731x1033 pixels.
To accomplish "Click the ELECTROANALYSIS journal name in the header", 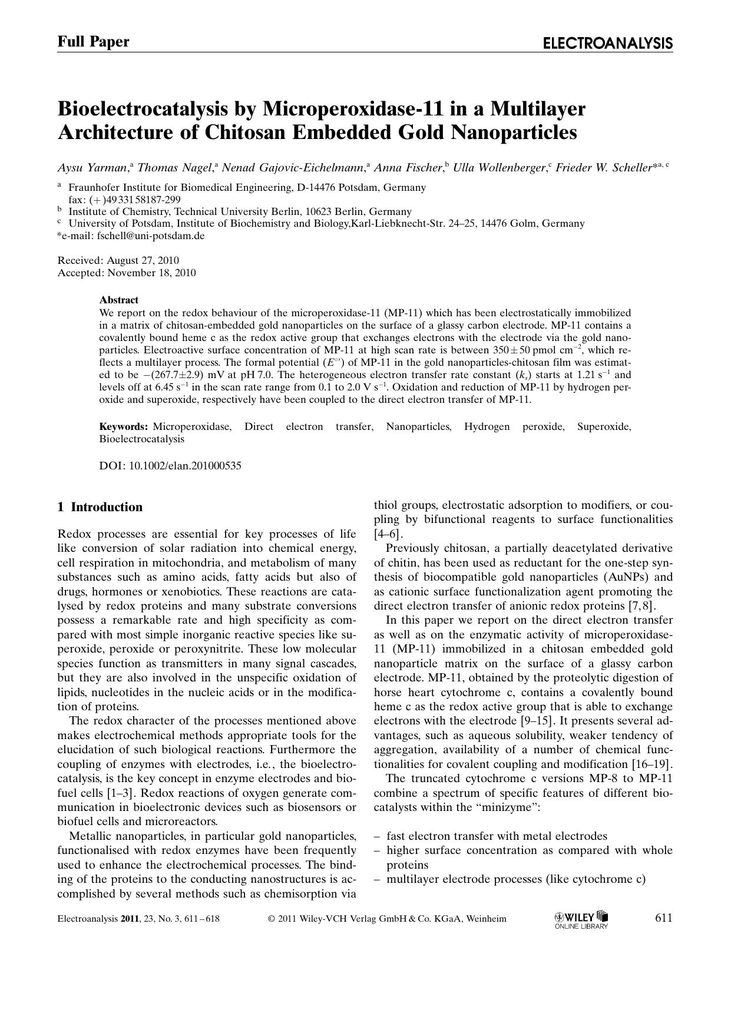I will pyautogui.click(x=607, y=43).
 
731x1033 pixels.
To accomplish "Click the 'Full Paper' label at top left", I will pyautogui.click(x=93, y=41).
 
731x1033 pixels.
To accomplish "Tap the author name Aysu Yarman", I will pyautogui.click(x=92, y=168).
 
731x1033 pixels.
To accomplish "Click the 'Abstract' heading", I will pyautogui.click(x=118, y=300).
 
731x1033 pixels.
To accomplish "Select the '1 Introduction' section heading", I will pyautogui.click(x=100, y=507).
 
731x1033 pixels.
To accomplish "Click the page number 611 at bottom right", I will pyautogui.click(x=663, y=918).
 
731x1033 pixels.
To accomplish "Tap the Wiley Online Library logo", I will pyautogui.click(x=581, y=919).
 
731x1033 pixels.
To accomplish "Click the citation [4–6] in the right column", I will pyautogui.click(x=388, y=534).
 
